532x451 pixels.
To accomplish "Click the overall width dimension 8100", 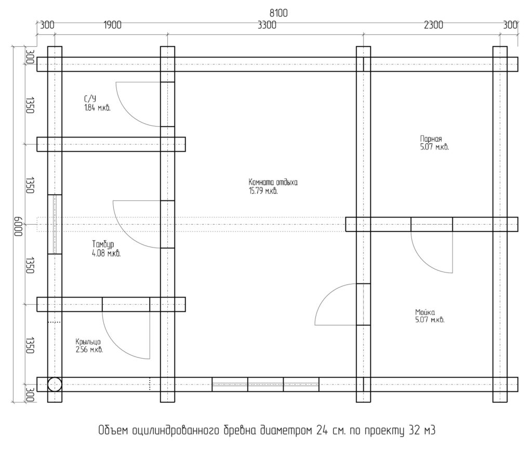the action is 278,13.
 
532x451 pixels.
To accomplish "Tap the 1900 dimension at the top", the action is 112,25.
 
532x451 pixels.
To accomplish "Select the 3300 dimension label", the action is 267,25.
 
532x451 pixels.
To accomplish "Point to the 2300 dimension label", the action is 433,25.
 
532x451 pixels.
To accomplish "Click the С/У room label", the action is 90,99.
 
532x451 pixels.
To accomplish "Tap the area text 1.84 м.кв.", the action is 97,108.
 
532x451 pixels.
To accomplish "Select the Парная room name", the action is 431,139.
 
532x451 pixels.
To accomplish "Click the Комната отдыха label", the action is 273,182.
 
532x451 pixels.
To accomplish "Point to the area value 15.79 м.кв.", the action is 263,191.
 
